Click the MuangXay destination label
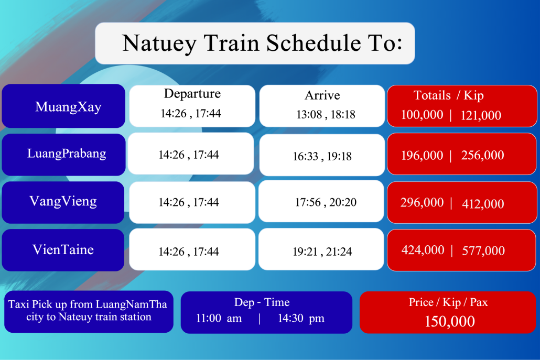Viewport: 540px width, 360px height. [x=68, y=107]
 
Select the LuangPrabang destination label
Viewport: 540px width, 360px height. [x=67, y=154]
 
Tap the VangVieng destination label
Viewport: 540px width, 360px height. [x=63, y=201]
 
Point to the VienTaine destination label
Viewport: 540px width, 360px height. [x=63, y=249]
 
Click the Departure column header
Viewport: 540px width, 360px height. [x=192, y=94]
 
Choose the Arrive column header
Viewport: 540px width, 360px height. [x=322, y=95]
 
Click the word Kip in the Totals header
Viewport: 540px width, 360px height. [x=473, y=96]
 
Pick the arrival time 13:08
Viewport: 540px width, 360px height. [x=309, y=114]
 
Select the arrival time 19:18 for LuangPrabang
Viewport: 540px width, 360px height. [x=339, y=156]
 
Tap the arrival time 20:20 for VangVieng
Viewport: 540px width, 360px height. [x=343, y=202]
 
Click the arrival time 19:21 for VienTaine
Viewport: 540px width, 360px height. [x=305, y=252]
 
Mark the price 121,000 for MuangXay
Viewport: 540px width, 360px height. [x=481, y=115]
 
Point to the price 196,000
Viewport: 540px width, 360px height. [x=422, y=155]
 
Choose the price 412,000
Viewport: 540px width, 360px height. [x=483, y=204]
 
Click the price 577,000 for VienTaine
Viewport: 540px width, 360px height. [x=483, y=250]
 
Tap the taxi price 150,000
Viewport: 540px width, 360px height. [x=449, y=321]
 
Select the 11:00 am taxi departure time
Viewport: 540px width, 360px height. [x=219, y=318]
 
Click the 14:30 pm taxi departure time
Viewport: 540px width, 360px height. [x=301, y=319]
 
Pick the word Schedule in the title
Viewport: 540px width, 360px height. [x=314, y=43]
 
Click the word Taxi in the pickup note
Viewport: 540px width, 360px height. [x=19, y=304]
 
